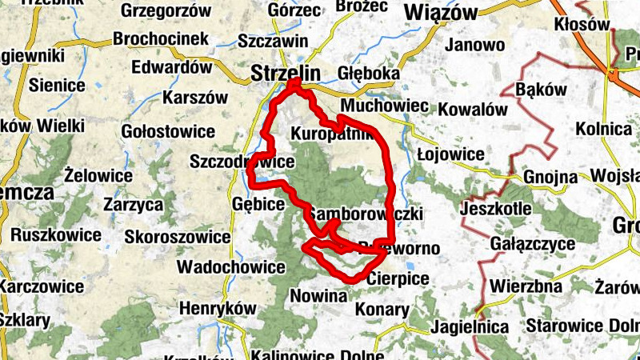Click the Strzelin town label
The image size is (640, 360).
coord(286,73)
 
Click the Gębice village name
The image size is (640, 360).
coord(258,205)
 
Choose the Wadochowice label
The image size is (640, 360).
coord(231,266)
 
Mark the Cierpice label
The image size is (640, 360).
coord(398,279)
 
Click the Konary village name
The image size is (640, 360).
coord(382,309)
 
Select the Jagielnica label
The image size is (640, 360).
coord(469,326)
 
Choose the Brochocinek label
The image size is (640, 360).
coord(161,38)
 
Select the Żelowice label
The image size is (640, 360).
coord(98,174)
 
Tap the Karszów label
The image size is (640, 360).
coord(194,98)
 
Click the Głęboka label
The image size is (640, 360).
coord(369,74)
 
